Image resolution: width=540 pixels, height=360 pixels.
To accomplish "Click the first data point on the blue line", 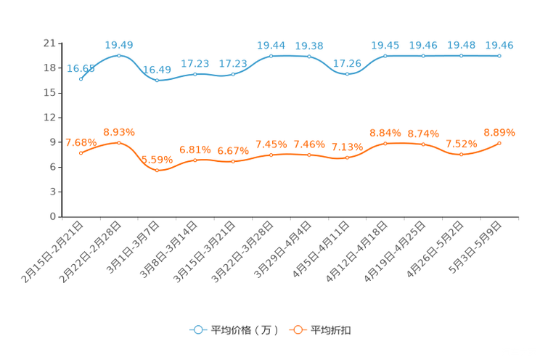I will coord(81,78).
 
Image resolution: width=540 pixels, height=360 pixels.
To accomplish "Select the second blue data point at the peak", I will coord(119,55).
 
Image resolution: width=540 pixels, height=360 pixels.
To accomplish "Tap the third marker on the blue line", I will coord(157,80).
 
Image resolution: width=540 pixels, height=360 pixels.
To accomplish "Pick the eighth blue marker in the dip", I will coord(348,74).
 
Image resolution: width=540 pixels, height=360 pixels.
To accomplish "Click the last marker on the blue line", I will coord(499,55).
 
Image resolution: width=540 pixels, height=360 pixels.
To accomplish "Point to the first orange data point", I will coord(81,152).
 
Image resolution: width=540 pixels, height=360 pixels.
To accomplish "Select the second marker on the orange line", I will coord(119,142).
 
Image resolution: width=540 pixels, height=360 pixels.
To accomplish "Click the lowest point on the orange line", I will coord(157,170).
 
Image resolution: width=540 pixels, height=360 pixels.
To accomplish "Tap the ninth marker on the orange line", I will coord(385,143).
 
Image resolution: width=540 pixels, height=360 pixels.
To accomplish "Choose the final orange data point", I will coord(499,143).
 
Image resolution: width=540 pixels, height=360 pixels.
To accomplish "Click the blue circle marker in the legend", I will coord(197,330).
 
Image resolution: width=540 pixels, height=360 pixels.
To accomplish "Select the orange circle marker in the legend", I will coord(296,330).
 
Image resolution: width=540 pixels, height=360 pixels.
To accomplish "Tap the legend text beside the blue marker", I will coord(244,330).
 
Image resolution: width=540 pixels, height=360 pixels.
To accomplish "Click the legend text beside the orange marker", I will coord(332,330).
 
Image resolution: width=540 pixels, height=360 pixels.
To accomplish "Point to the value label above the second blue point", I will coord(119,45).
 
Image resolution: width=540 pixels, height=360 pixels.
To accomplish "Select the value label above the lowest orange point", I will coord(157,159).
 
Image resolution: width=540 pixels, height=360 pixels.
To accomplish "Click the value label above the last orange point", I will coord(499,132).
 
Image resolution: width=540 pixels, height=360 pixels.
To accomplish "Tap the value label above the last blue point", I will coord(499,45).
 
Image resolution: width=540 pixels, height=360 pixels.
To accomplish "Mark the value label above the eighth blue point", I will coord(348,64).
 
